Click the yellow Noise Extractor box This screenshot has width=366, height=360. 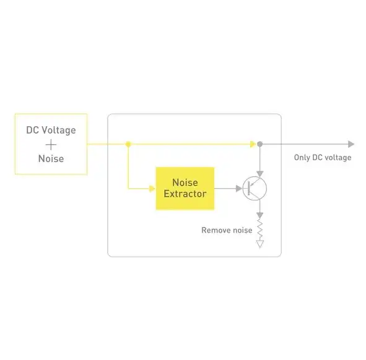coord(185,189)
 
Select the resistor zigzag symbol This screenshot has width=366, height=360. coord(260,229)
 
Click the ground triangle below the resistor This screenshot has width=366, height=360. coord(260,244)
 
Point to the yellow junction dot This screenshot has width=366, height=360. coord(128,144)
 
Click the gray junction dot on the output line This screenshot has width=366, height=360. coord(260,144)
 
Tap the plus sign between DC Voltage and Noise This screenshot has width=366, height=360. coord(51,145)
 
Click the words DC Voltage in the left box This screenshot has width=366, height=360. coord(51,131)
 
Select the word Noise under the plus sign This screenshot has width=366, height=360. coord(51,159)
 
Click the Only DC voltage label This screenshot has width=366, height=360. coord(323,158)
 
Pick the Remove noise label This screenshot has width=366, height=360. coord(227,230)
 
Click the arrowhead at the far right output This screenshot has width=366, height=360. coord(351,144)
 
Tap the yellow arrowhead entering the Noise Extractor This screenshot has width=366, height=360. coord(152,189)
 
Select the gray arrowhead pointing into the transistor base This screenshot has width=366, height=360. coord(239,189)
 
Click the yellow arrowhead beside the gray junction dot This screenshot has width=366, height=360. coord(253,144)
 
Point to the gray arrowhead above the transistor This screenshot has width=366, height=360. coord(260,174)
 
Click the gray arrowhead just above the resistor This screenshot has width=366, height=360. coord(260,215)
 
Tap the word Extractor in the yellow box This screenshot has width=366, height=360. coord(185,194)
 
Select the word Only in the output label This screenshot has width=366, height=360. coord(302,158)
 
